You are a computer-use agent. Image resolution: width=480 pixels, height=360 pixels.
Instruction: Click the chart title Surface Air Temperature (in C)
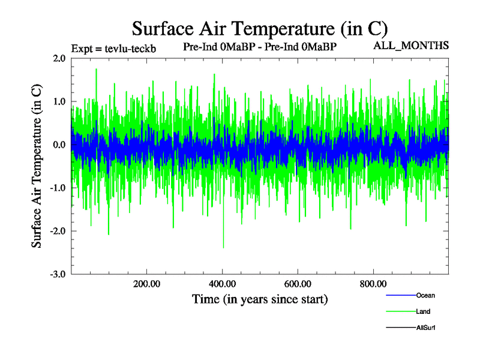click(x=259, y=28)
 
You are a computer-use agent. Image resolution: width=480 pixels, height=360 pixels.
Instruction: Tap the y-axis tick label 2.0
click(x=59, y=59)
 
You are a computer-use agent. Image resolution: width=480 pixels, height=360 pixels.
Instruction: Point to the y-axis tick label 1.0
click(x=59, y=102)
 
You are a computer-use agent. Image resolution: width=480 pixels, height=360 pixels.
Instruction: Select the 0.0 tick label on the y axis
click(x=59, y=145)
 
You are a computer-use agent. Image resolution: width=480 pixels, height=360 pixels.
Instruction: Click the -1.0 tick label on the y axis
click(x=58, y=188)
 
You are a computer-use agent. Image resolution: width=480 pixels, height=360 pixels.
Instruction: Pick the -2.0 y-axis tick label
click(x=58, y=232)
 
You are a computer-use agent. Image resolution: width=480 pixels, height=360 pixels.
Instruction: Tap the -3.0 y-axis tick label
click(x=58, y=274)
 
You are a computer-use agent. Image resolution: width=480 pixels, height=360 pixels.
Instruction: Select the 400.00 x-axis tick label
click(x=222, y=284)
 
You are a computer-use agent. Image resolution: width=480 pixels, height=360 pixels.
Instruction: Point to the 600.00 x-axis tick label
click(x=298, y=284)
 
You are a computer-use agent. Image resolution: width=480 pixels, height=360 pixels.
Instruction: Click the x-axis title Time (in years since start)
click(x=260, y=299)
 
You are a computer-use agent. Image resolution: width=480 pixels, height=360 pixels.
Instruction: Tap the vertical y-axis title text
click(x=37, y=166)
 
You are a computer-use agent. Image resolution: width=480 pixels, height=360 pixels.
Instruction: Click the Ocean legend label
click(x=425, y=295)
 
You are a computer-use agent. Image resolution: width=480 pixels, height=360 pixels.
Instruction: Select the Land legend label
click(x=423, y=311)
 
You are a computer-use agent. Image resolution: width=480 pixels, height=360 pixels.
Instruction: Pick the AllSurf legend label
click(x=425, y=328)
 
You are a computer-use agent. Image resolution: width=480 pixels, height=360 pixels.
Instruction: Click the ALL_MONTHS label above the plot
click(x=412, y=46)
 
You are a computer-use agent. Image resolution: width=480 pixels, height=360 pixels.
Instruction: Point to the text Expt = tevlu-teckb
click(x=113, y=49)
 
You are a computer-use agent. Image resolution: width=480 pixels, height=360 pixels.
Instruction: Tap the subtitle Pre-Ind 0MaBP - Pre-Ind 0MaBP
click(x=260, y=46)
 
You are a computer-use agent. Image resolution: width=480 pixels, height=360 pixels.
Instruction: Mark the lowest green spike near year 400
click(x=224, y=247)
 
